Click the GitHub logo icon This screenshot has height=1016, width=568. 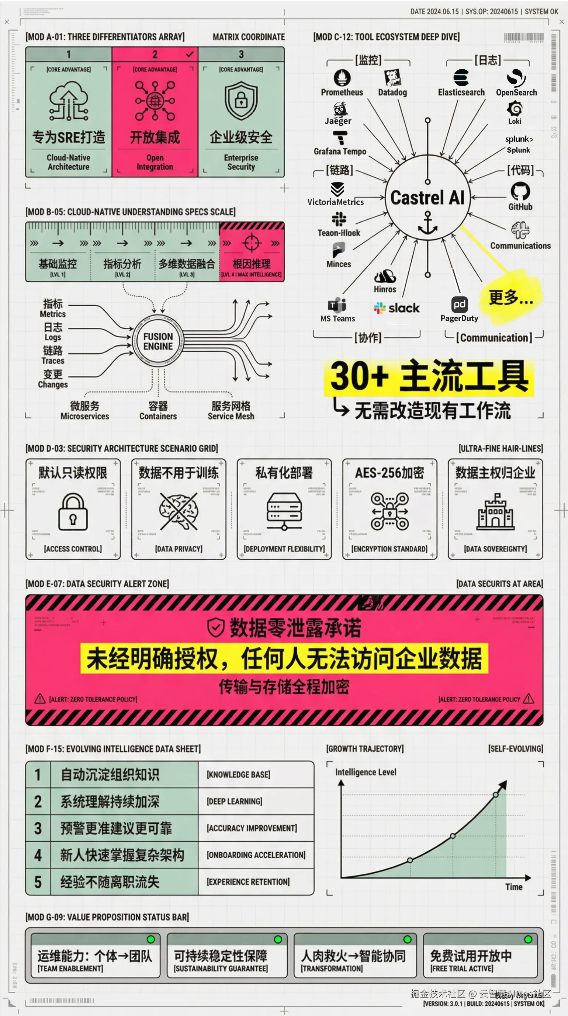coord(520,191)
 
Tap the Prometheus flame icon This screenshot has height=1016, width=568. coord(342,78)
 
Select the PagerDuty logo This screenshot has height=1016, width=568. coord(460,305)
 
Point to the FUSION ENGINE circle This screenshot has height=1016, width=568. coord(158,342)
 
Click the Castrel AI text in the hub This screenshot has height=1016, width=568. coord(427,198)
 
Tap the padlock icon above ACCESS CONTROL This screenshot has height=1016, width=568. coord(73,512)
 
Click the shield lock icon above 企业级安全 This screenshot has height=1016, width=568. coord(241,101)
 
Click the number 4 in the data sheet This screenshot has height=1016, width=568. coord(38,855)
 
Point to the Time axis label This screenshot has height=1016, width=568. coord(514,887)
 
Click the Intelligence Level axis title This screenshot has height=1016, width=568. coord(366,772)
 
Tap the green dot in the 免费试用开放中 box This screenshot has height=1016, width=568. coord(528,939)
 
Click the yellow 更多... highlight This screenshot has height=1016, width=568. coord(511,298)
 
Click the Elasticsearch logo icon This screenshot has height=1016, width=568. coord(461,78)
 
